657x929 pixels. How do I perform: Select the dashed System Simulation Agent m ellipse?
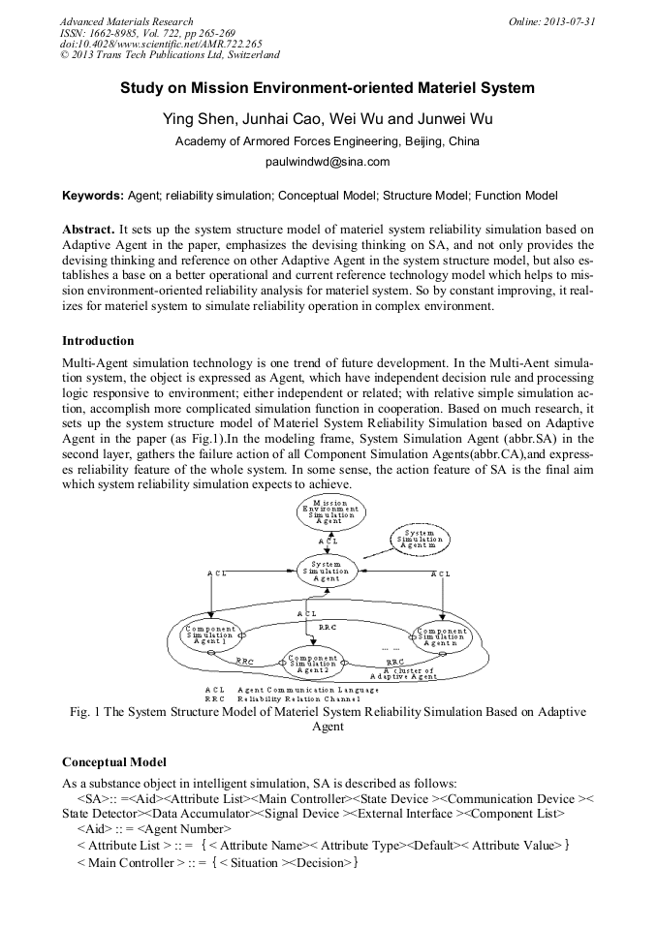[419, 541]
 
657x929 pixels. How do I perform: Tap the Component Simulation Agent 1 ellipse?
[210, 635]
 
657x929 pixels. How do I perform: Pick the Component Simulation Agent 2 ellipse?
[312, 663]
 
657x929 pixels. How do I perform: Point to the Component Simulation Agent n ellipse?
[442, 635]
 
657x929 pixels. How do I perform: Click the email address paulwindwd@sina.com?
[328, 162]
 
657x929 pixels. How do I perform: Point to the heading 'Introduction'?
[98, 341]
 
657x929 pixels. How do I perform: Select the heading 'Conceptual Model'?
[113, 762]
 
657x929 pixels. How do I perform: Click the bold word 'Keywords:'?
[93, 196]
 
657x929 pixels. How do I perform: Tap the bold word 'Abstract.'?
[88, 230]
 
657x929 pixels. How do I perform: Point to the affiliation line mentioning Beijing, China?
[328, 141]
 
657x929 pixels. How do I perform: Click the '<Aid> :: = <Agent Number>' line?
[154, 829]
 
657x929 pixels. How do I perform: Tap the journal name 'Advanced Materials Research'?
[126, 21]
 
